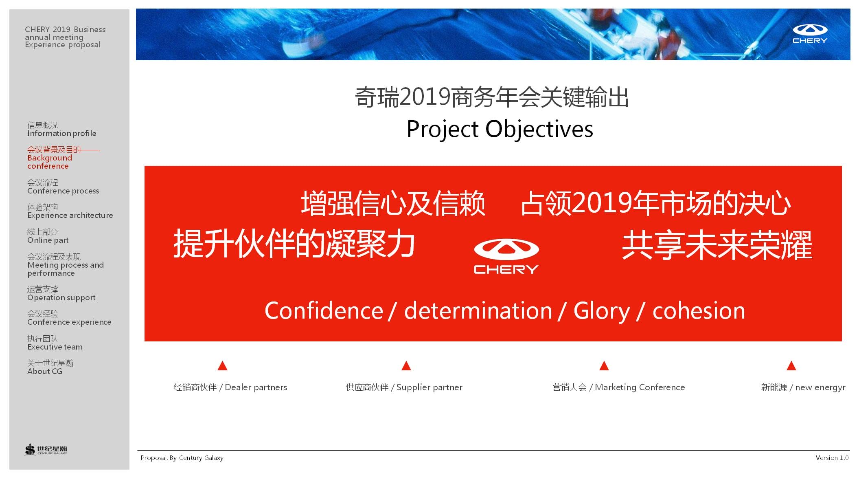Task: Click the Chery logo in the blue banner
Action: pos(810,34)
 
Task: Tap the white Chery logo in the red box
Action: pos(506,256)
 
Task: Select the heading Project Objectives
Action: pos(500,129)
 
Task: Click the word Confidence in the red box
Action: pos(324,311)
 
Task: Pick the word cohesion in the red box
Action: pos(699,311)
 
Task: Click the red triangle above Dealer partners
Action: pos(222,365)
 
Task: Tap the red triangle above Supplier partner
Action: pos(406,365)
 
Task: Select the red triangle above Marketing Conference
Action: pos(604,365)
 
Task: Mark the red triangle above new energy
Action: pos(791,365)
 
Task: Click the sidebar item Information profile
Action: pos(62,130)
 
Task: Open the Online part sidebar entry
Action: pos(48,236)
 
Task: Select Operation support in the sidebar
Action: pos(61,294)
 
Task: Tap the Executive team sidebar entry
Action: pos(55,343)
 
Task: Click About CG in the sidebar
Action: pos(50,367)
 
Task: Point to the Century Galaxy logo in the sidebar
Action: pos(46,449)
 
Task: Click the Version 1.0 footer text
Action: pos(832,458)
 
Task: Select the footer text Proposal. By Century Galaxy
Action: pos(182,458)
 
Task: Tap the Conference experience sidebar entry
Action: pos(69,318)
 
